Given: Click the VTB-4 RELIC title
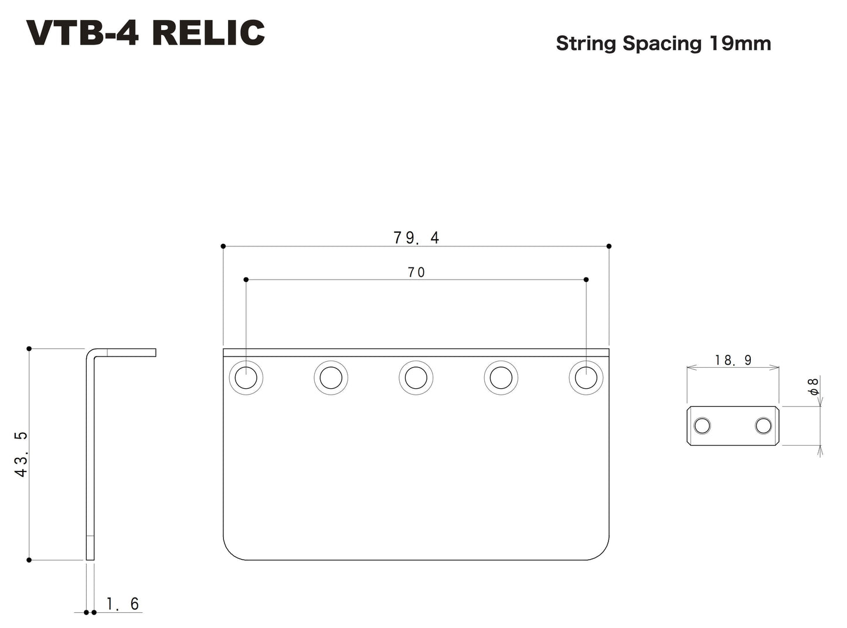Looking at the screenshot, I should (145, 33).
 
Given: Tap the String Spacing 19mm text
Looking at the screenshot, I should (663, 44).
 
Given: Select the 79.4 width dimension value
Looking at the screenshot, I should (416, 237).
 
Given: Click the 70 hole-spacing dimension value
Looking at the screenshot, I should (416, 272).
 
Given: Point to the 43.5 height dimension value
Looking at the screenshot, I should (21, 454).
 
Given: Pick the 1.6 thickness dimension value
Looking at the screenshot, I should (123, 603).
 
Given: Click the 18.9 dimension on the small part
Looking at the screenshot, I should (733, 360).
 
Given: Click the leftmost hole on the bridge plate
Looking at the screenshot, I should (246, 378).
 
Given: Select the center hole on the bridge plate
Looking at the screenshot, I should (416, 378).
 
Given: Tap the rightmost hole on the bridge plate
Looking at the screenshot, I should (586, 378).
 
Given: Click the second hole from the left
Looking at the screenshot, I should (331, 378).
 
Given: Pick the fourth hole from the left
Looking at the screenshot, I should (501, 378).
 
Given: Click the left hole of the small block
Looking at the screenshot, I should (702, 426).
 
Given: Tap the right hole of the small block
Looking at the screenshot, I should (763, 426).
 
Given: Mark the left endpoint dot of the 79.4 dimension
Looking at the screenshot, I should (223, 246).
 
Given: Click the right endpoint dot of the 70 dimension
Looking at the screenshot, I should (586, 280).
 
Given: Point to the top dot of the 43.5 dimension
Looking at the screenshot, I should (29, 349).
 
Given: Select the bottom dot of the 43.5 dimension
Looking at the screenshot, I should (29, 560).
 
